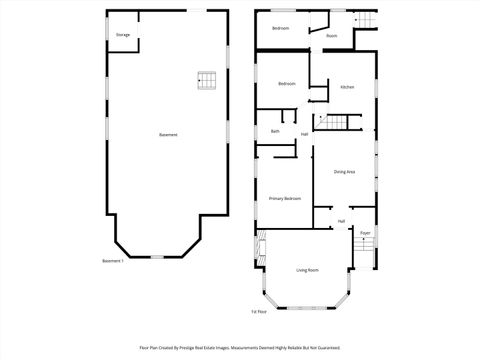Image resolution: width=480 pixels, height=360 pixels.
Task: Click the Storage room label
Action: coord(123,35)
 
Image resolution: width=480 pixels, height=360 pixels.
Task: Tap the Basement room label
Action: coord(168,135)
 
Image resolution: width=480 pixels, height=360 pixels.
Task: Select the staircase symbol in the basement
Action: coord(207,80)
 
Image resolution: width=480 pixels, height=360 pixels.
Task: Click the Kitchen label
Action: coord(347,88)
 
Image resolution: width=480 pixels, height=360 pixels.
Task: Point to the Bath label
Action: coord(275,132)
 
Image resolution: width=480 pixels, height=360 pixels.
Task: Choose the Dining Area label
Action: coord(345,172)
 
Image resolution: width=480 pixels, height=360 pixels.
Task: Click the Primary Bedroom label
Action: coord(285,199)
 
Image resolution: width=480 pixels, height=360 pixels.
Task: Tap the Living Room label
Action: coord(307,270)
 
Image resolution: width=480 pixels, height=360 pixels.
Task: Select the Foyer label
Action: coord(366,233)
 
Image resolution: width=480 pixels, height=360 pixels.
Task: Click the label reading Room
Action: coord(331,36)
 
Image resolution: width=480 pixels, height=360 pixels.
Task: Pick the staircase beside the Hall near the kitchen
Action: coord(336,122)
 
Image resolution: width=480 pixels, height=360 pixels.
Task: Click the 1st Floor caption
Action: coord(258,312)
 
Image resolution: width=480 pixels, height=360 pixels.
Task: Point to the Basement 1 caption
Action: coord(113,261)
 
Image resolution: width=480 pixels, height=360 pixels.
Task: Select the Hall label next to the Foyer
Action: coord(341,221)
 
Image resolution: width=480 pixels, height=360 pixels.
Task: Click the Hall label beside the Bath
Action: coord(304,133)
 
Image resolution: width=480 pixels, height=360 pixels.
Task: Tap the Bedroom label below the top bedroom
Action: coord(287,83)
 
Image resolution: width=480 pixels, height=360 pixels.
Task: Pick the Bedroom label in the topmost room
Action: coord(281,28)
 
